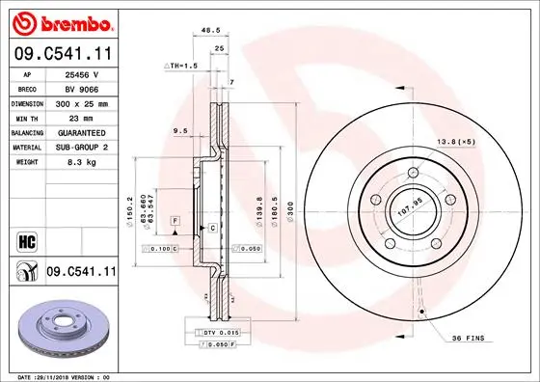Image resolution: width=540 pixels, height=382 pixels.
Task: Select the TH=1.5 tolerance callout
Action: tap(182, 66)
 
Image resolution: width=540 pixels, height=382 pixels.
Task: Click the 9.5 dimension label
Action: tap(179, 130)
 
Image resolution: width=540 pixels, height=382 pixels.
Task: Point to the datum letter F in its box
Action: tap(175, 221)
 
